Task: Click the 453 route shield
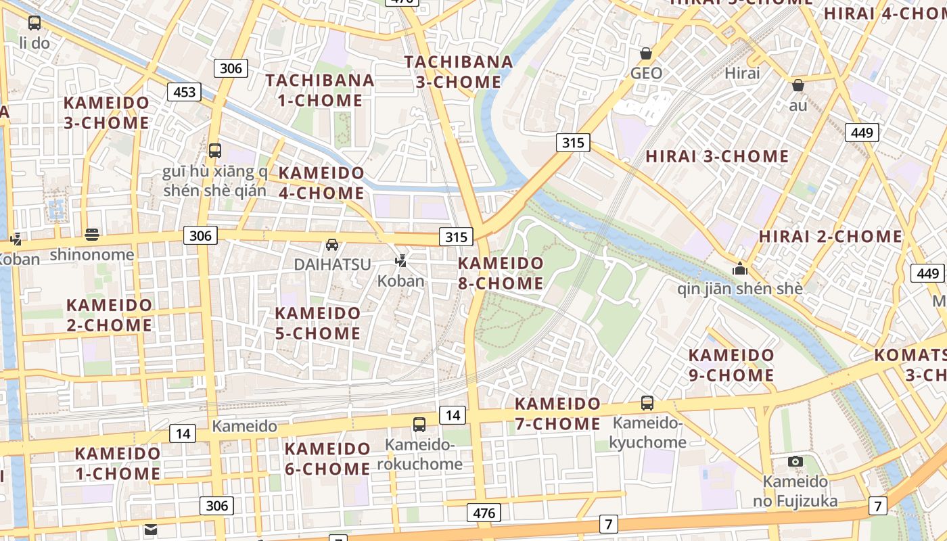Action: pos(185,92)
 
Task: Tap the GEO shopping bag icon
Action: pos(646,53)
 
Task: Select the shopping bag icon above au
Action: pos(798,85)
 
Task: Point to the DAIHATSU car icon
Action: pos(332,245)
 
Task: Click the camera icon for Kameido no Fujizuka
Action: pos(795,462)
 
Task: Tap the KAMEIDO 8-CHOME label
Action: pos(501,273)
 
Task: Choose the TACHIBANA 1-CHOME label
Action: pos(320,90)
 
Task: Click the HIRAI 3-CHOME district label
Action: pos(717,156)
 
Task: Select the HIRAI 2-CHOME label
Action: pos(831,237)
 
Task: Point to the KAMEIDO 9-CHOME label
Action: pos(731,365)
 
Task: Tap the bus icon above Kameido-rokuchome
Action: pos(419,425)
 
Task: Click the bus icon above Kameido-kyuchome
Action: pos(647,403)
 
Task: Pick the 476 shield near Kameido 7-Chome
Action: pos(484,513)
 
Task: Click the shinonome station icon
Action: pos(92,235)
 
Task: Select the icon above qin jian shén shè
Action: pos(740,268)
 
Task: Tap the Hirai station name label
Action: pos(742,73)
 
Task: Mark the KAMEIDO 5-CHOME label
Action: pos(318,323)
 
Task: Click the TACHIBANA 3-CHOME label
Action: pos(459,72)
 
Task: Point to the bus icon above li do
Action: pos(34,22)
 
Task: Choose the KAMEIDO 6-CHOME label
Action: pos(327,458)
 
